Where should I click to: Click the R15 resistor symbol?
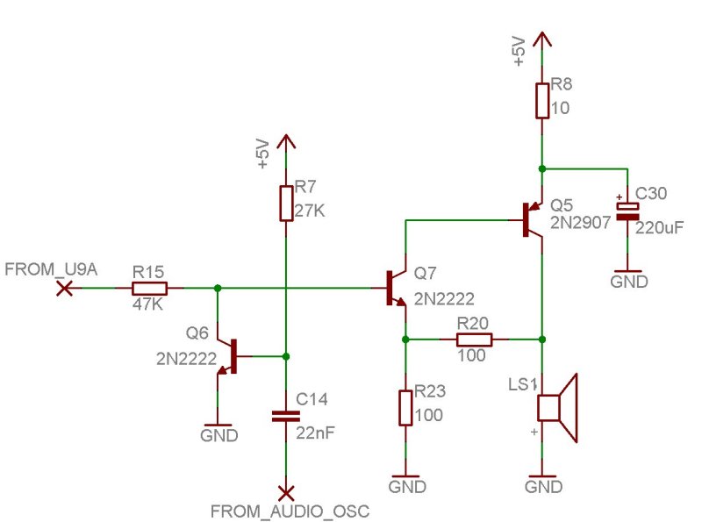[149, 289]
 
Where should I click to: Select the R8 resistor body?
[542, 101]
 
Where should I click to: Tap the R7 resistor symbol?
[286, 204]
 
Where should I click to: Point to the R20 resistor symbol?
[474, 340]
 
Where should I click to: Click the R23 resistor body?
[405, 408]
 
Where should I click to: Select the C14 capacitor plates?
[286, 417]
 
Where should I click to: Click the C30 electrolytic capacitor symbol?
[627, 211]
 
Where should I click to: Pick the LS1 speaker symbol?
[557, 407]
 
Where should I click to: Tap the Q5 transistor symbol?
[533, 219]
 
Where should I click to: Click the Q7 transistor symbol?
[396, 289]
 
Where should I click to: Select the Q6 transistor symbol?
[227, 356]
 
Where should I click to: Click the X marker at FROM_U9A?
[64, 289]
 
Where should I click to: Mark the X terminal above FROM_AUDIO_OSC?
[286, 493]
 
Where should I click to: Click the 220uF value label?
[660, 228]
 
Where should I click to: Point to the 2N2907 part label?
[580, 223]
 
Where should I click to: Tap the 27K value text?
[310, 211]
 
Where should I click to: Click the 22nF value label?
[315, 433]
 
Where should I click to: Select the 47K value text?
[147, 304]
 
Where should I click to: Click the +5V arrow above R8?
[542, 39]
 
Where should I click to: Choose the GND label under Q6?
[218, 435]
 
